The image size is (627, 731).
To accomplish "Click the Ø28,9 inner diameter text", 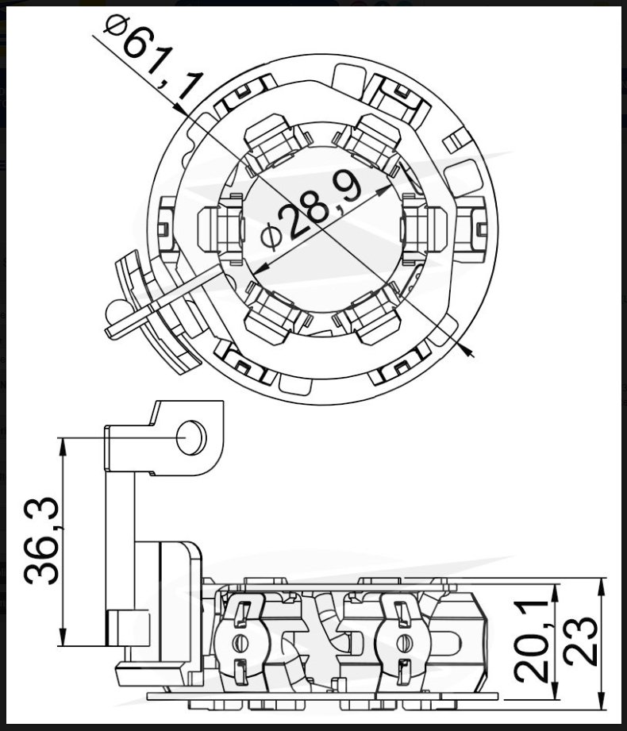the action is (312, 210).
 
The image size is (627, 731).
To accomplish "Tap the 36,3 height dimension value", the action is (41, 541).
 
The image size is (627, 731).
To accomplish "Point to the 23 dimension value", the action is (580, 641).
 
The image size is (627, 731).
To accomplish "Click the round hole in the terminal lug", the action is (191, 437).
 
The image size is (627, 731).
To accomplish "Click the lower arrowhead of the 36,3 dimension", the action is (62, 637).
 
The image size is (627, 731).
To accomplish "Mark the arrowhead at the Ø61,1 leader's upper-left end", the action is (181, 109).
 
